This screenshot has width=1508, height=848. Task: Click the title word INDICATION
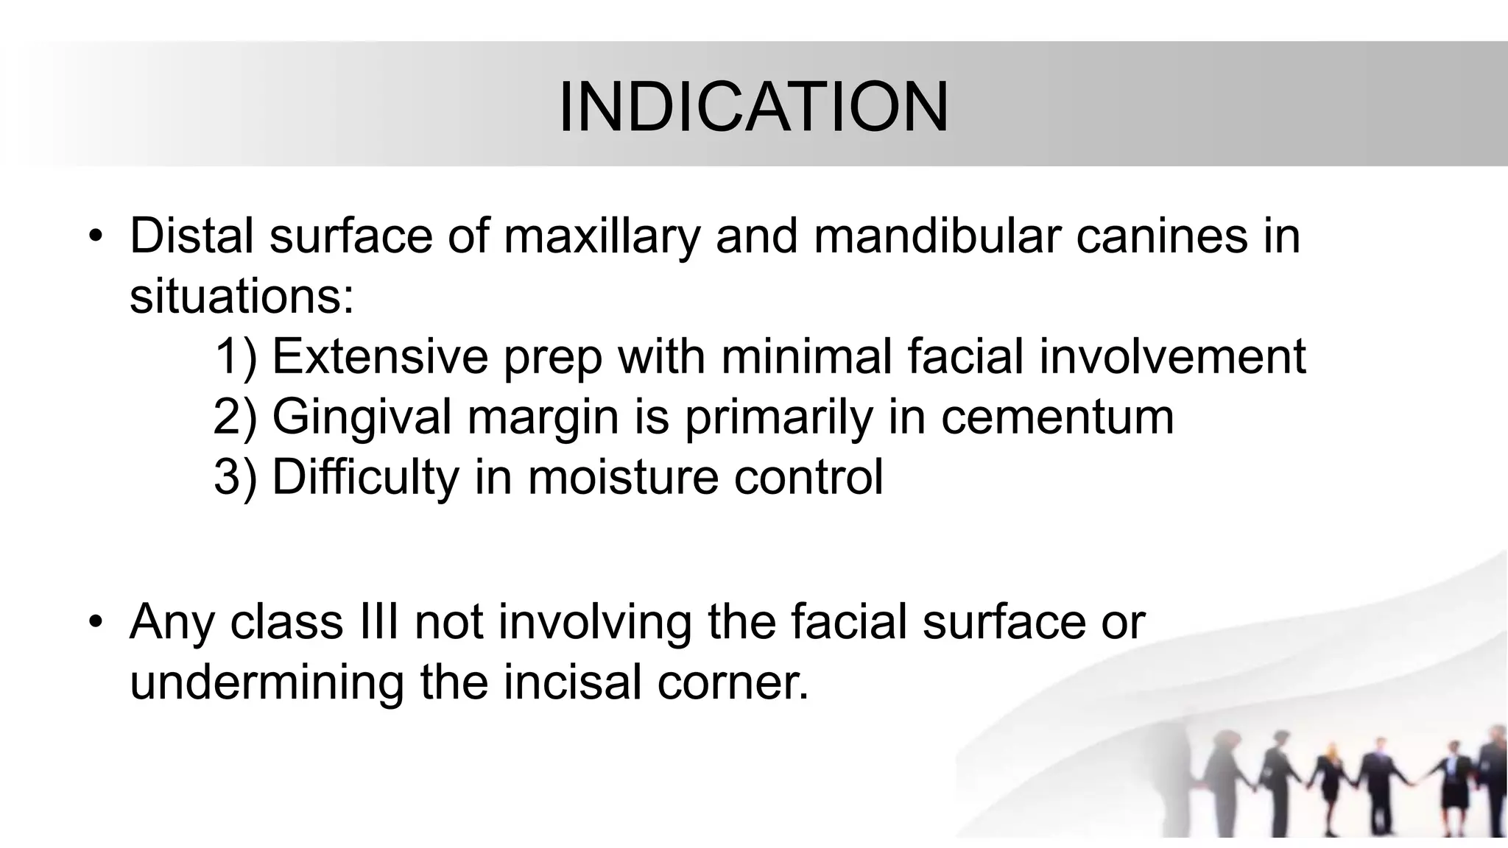754,107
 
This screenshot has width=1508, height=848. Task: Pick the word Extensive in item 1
380,356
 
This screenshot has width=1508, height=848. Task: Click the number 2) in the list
235,417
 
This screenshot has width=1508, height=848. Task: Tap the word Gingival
362,417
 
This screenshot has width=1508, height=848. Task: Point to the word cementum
1057,417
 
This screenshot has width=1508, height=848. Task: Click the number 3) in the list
235,478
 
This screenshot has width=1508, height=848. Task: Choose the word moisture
623,478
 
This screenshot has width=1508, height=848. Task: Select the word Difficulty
365,478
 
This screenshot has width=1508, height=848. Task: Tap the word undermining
267,682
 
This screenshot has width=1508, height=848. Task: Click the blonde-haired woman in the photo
1330,780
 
